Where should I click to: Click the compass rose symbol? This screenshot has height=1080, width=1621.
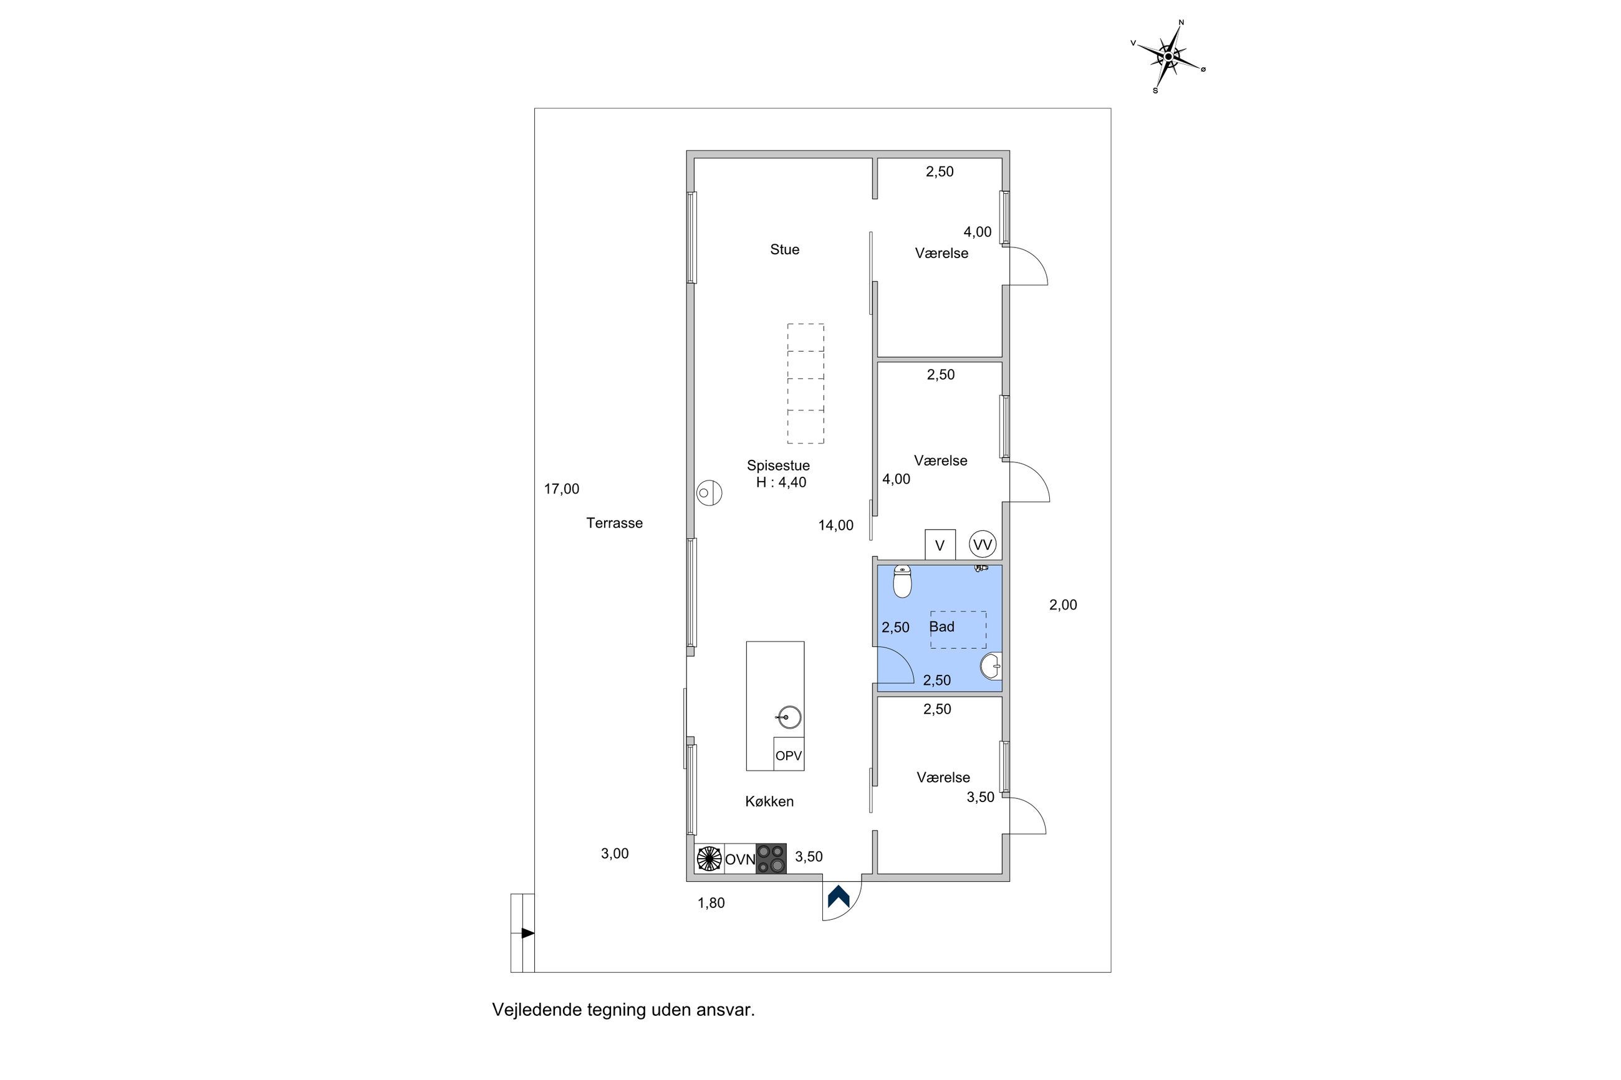[x=1168, y=57]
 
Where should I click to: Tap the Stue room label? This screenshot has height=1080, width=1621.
[x=784, y=249]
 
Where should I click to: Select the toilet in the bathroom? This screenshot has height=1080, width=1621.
[x=902, y=581]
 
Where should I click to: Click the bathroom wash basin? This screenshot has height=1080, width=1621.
[x=991, y=666]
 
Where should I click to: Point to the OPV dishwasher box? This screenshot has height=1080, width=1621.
[x=788, y=755]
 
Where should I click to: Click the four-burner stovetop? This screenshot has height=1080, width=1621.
[x=771, y=859]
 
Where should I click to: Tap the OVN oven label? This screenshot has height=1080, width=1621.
[x=740, y=859]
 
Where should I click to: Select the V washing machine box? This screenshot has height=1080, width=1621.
[x=940, y=545]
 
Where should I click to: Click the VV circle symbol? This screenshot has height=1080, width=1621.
[x=983, y=545]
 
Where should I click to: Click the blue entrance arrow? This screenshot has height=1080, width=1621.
[x=839, y=896]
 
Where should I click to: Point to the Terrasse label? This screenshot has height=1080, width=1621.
[x=614, y=523]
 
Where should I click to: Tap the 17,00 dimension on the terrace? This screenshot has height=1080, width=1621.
[x=562, y=489]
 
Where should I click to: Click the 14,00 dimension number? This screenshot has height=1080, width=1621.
[x=835, y=525]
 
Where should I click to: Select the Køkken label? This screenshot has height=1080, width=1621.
[x=769, y=801]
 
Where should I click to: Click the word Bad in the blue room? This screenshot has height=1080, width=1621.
[x=941, y=627]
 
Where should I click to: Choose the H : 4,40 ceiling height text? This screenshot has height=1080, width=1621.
[x=781, y=483]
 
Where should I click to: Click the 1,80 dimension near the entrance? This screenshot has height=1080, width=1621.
[x=711, y=903]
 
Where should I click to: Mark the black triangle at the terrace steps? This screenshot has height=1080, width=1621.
[x=527, y=934]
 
